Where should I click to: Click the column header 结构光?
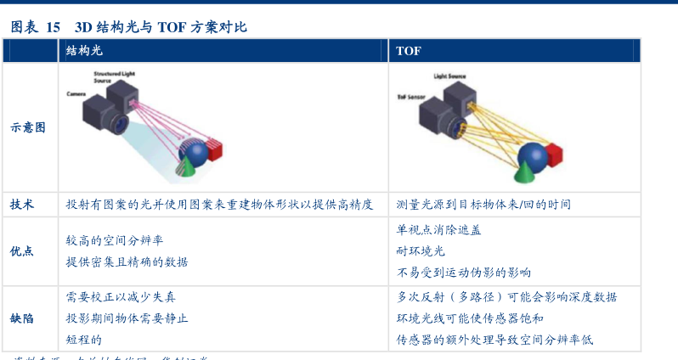pos(83,51)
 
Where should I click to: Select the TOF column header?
pos(408,51)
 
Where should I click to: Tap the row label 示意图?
pos(28,127)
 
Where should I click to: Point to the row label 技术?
pos(22,205)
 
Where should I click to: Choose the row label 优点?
pos(22,251)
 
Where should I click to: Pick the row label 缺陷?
pos(22,318)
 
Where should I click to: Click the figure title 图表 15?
pos(35,27)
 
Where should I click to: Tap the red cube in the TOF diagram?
pos(553,155)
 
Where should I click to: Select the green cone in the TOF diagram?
pos(523,172)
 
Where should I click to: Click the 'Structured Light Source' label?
pos(112,77)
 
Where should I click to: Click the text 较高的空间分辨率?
pos(114,240)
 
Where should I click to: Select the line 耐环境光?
pos(421,250)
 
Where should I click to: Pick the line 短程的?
pos(83,340)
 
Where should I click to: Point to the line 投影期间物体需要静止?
pos(127,318)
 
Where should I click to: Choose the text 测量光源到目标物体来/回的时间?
pos(483,205)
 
